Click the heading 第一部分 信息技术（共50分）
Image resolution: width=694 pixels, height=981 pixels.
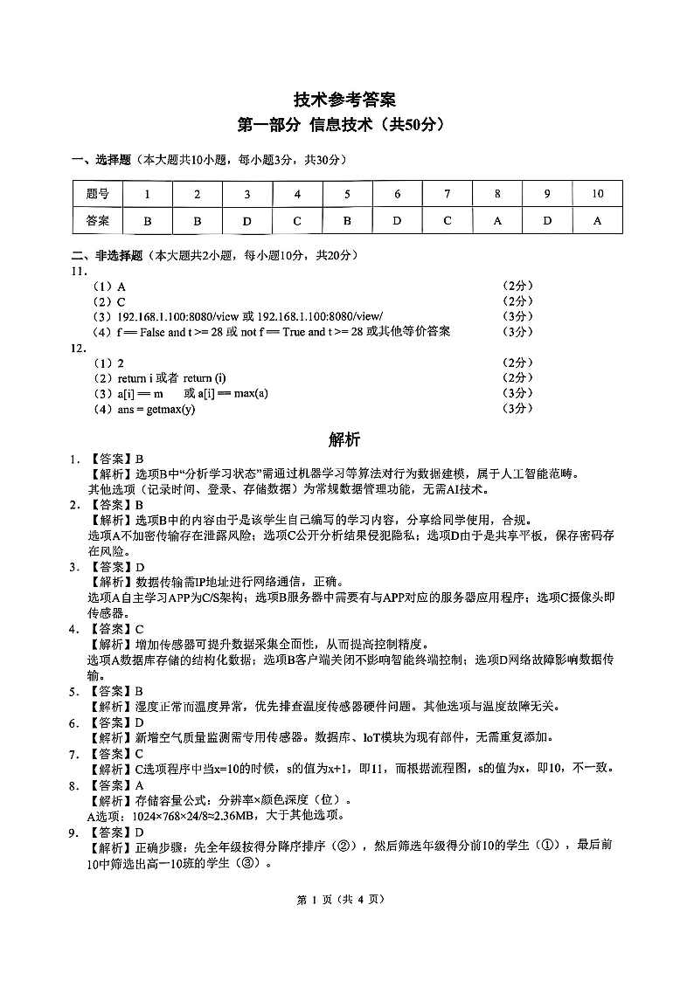346,125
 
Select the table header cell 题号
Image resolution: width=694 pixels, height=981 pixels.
97,194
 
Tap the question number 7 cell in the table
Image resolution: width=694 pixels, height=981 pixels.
447,194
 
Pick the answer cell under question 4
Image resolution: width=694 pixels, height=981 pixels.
297,221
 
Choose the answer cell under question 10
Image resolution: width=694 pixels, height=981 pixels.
597,221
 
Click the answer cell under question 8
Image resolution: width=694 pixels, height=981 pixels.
497,221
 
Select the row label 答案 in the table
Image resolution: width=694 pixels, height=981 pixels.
97,221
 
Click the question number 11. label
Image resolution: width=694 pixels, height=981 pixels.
78,271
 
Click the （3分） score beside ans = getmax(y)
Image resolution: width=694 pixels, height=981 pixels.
517,409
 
